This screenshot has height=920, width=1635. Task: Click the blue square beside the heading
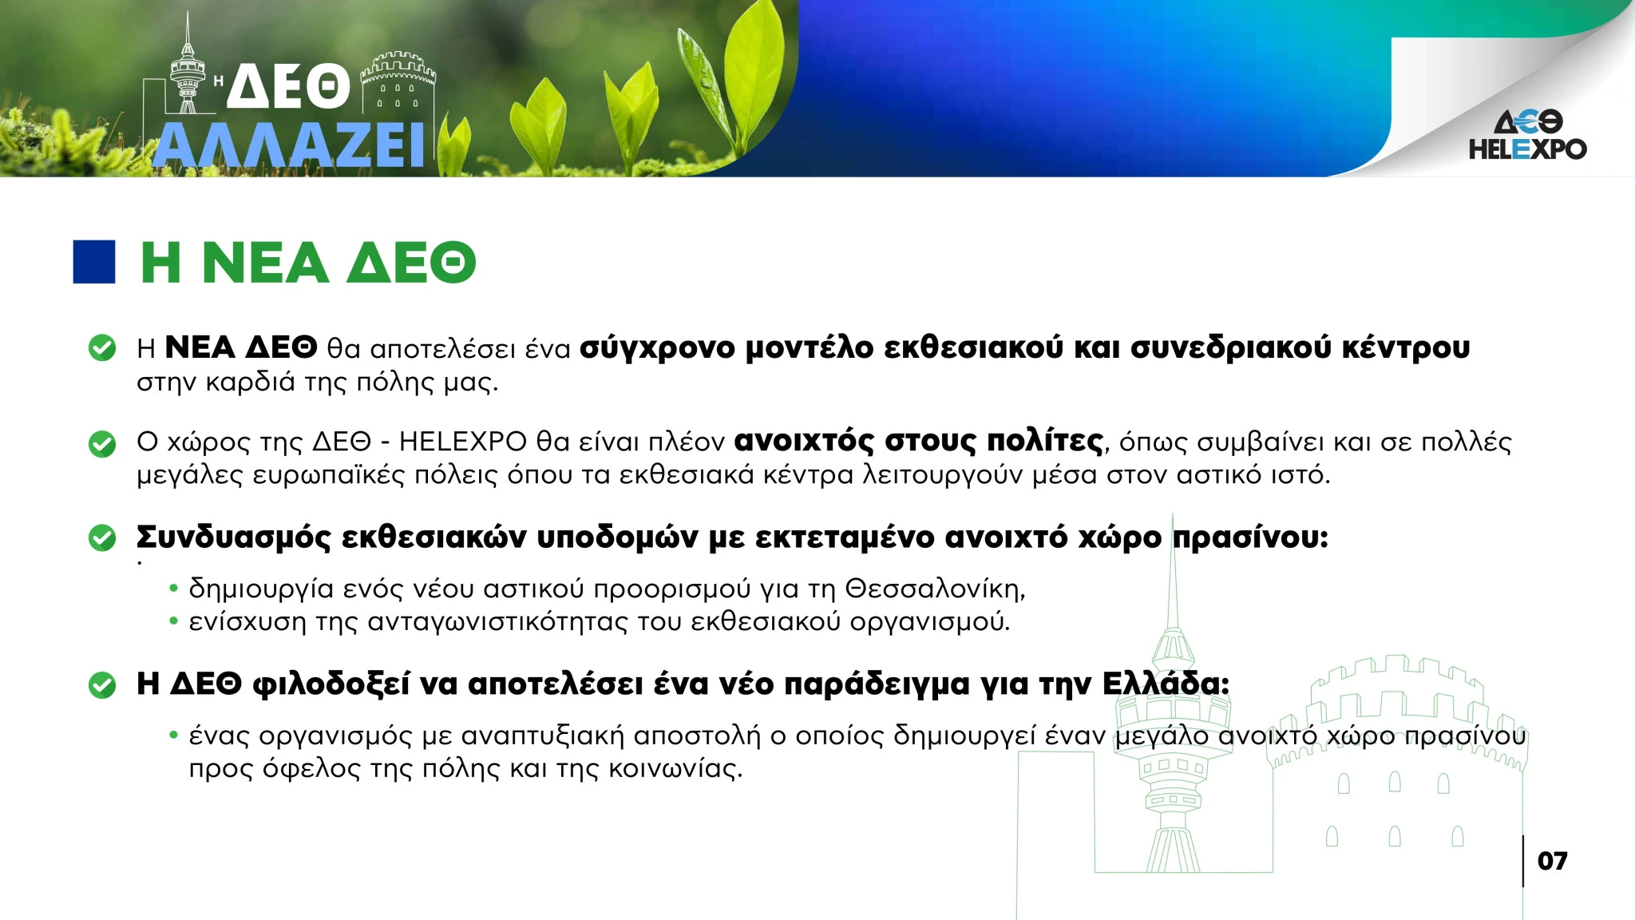click(94, 262)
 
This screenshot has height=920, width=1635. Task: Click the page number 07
click(1552, 861)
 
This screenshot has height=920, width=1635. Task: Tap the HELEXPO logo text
click(1527, 149)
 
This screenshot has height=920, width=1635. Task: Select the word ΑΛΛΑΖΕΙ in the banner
click(288, 145)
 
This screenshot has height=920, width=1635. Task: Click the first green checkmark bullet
click(102, 348)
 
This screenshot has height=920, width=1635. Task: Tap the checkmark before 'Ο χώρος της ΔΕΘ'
click(102, 443)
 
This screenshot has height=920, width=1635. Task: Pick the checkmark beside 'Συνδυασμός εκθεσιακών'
click(102, 537)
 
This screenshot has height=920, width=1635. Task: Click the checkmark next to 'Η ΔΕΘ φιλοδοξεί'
click(102, 684)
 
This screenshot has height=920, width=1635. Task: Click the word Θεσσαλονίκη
click(935, 589)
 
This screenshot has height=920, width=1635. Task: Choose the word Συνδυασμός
click(233, 537)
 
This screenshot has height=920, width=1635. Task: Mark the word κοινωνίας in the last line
click(675, 769)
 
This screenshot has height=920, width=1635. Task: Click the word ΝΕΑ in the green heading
click(266, 263)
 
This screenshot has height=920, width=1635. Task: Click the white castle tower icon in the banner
click(398, 83)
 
